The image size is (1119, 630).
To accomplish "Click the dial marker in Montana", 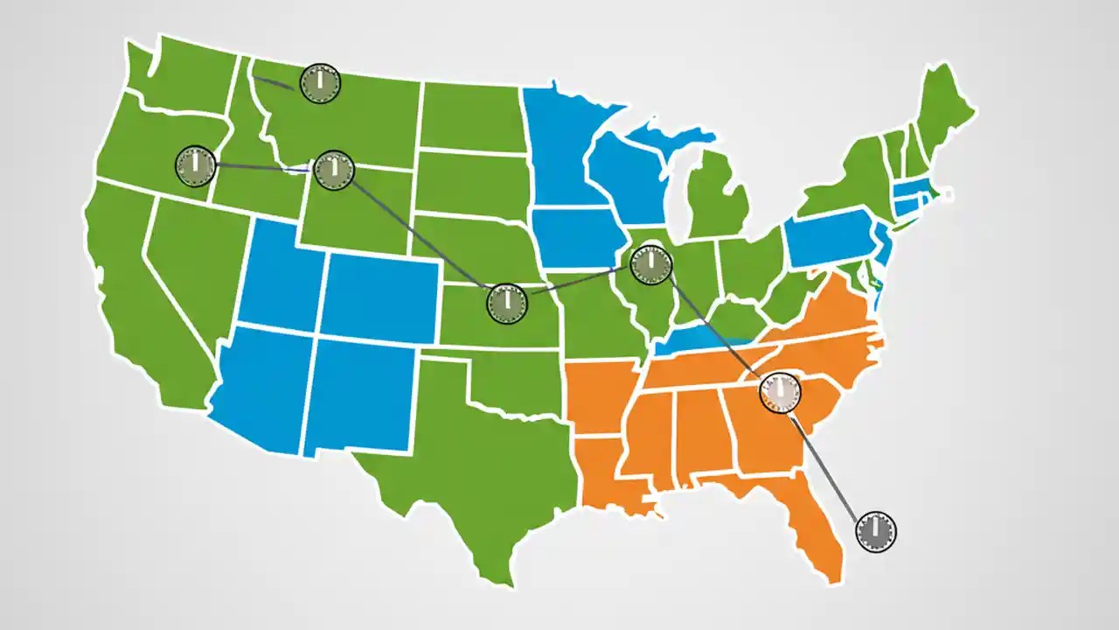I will tap(320, 83).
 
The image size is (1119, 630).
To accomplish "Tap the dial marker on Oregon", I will tap(196, 165).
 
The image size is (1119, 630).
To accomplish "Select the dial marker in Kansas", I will tap(506, 303).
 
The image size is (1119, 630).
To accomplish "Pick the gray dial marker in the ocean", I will tap(875, 531).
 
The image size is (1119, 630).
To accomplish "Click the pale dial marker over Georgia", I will tap(780, 392).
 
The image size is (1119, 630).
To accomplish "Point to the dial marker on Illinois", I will tap(650, 263).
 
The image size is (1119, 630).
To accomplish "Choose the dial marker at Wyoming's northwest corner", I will tap(333, 170).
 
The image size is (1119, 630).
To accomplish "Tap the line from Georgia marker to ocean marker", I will tap(826, 464).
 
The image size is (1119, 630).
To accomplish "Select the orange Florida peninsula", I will tap(813, 525).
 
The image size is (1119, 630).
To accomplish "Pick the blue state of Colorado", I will tap(380, 293).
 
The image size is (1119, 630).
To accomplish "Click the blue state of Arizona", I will tap(262, 385).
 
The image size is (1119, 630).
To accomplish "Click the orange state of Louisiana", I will tap(608, 472).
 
